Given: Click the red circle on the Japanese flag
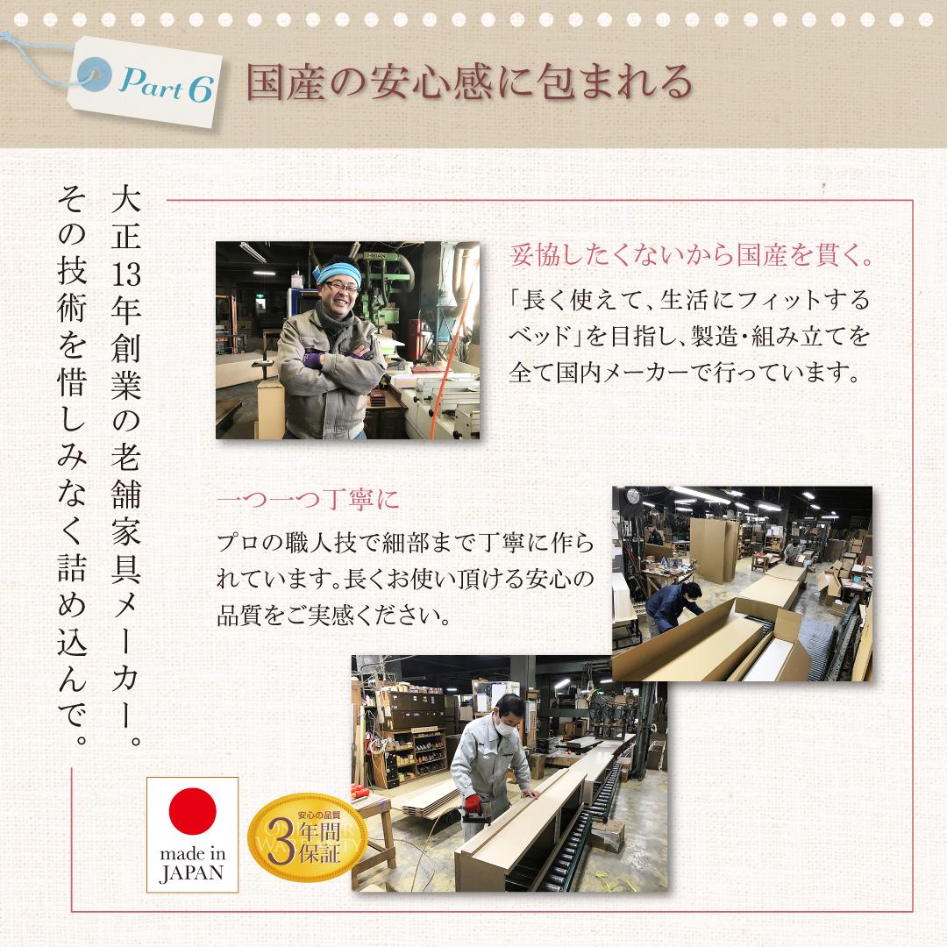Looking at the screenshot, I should pyautogui.click(x=191, y=812).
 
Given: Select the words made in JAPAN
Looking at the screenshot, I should pyautogui.click(x=191, y=864).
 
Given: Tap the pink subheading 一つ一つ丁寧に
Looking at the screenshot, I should pyautogui.click(x=306, y=502).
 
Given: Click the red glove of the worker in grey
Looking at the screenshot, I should pyautogui.click(x=473, y=802).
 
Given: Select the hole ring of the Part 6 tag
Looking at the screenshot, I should pyautogui.click(x=94, y=77).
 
